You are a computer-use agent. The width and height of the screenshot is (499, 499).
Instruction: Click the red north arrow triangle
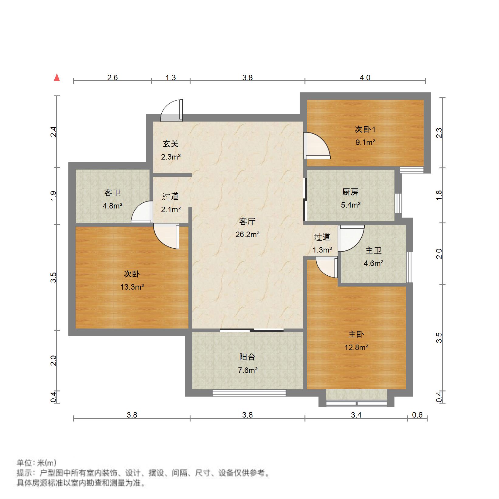point(57,77)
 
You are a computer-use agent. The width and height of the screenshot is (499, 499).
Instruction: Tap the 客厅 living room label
point(247,222)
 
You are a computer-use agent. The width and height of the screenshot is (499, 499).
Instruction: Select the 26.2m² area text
point(247,234)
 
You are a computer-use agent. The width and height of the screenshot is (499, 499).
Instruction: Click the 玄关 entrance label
point(170,143)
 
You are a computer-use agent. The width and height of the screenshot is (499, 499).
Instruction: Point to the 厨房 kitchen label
point(350,192)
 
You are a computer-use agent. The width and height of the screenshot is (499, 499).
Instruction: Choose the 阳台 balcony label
point(247,357)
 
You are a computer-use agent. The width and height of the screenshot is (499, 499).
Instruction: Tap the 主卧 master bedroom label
point(356,334)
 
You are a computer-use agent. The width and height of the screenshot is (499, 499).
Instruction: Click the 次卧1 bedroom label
point(365,129)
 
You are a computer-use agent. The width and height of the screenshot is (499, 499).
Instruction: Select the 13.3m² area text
point(132,287)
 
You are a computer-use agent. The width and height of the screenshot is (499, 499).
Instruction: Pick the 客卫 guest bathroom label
point(112,193)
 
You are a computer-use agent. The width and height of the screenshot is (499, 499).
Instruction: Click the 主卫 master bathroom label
point(373,250)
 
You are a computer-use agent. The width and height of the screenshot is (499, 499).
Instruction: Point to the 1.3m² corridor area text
point(322,250)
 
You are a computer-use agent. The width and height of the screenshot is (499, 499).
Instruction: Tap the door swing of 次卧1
point(317,146)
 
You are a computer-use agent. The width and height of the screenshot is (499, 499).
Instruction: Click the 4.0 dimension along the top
point(365,77)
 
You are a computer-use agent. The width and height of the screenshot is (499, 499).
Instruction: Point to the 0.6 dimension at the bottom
point(418,415)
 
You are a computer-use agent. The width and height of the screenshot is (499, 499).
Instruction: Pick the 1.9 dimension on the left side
point(53,196)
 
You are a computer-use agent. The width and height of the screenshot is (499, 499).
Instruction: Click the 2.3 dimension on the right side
point(439,133)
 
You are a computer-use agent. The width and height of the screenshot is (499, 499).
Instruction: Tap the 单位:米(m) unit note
point(36,463)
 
